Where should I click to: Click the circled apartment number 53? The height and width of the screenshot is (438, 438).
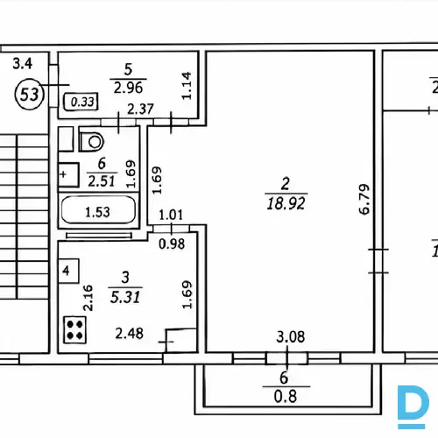(x=30, y=95)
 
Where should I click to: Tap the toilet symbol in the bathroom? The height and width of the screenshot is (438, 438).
(x=91, y=141)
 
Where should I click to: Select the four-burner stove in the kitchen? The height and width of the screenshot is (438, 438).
(x=74, y=329)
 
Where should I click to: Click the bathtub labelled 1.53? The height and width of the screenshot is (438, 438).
(x=98, y=210)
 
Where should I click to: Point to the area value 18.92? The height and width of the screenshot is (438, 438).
(x=286, y=203)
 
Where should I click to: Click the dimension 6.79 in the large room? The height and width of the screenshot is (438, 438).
(x=364, y=199)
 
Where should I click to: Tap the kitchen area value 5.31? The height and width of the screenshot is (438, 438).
(x=125, y=297)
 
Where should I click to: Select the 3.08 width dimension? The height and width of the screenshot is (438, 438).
(x=291, y=336)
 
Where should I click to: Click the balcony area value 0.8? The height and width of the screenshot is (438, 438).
(x=286, y=397)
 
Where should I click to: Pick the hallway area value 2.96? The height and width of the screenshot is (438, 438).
(x=128, y=88)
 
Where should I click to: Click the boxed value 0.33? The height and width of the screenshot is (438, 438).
(x=82, y=102)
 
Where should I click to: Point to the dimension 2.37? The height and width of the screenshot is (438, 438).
(x=140, y=109)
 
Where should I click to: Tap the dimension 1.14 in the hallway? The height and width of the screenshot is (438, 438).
(x=187, y=86)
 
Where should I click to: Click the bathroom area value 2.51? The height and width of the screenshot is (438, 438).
(x=102, y=181)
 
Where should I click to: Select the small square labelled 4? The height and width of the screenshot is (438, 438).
(x=68, y=271)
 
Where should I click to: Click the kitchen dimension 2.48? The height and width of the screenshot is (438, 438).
(x=130, y=333)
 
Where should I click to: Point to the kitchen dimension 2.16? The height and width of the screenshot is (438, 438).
(x=88, y=298)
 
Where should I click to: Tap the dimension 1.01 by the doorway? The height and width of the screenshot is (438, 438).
(x=171, y=215)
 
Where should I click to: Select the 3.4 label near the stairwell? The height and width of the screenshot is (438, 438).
(x=23, y=63)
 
